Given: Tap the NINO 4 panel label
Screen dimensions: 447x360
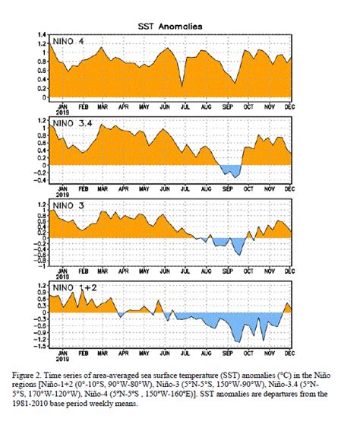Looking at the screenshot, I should tap(71, 40).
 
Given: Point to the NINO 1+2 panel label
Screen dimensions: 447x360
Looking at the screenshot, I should tap(75, 288).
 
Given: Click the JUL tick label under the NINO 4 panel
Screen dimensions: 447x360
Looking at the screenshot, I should tap(186, 106).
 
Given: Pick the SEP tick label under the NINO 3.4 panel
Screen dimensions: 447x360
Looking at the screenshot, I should tap(227, 189).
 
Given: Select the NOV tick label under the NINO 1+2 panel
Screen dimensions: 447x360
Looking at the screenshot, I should tap(269, 353).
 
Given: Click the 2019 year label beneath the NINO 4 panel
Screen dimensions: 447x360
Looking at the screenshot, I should tap(62, 113).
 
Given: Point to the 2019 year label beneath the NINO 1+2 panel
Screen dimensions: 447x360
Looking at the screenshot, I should tap(62, 360).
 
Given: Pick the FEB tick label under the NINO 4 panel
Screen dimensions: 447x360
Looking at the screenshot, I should tap(84, 106).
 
